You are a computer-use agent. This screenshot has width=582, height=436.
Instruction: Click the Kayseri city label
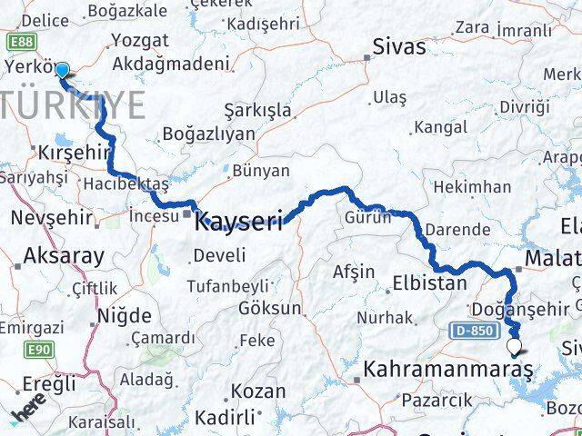point(240,220)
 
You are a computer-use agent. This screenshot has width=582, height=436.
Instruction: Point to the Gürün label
point(367,217)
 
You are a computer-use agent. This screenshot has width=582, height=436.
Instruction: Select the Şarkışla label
point(260,110)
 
